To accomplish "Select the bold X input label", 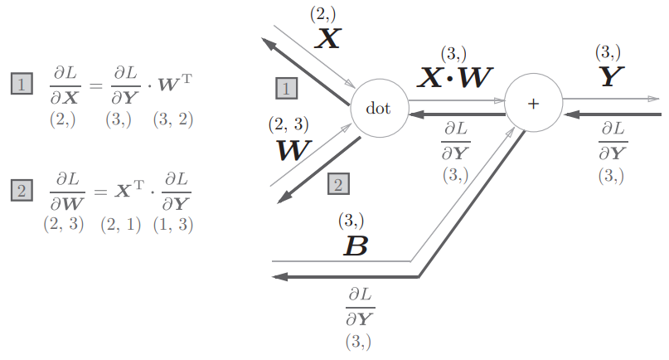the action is click(328, 38).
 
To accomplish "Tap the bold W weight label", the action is click(294, 150).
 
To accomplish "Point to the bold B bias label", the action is click(356, 246).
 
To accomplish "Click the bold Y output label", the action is click(612, 76).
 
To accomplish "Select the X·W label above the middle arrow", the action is click(455, 77).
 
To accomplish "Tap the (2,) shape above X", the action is click(323, 15).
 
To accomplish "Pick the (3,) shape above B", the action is click(351, 221).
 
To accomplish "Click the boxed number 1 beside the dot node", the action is click(287, 89).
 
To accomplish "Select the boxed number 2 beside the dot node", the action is click(339, 184).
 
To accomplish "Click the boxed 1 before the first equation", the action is click(22, 83).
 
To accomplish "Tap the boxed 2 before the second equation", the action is click(22, 190).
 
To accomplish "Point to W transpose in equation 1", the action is click(175, 83).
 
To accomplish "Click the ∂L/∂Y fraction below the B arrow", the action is click(360, 307).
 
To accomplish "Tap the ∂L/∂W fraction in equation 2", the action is click(67, 192).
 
